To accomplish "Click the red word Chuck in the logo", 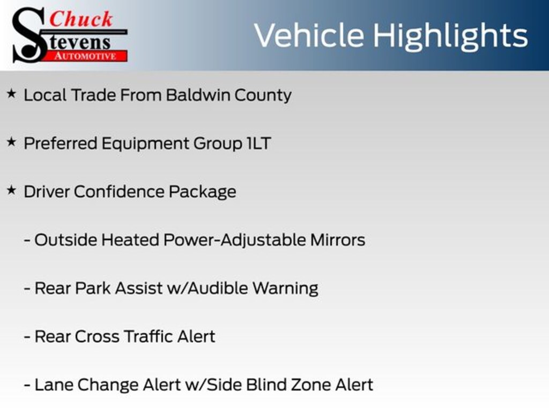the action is (x=81, y=19).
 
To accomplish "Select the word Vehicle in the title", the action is (x=309, y=35).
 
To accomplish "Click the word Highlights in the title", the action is (x=450, y=36).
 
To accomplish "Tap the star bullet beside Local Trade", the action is (x=12, y=93).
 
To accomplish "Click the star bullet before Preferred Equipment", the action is (x=12, y=142).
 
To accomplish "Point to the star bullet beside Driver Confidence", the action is (x=12, y=190).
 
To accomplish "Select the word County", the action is (x=263, y=95).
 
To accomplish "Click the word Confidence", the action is (x=118, y=192).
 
